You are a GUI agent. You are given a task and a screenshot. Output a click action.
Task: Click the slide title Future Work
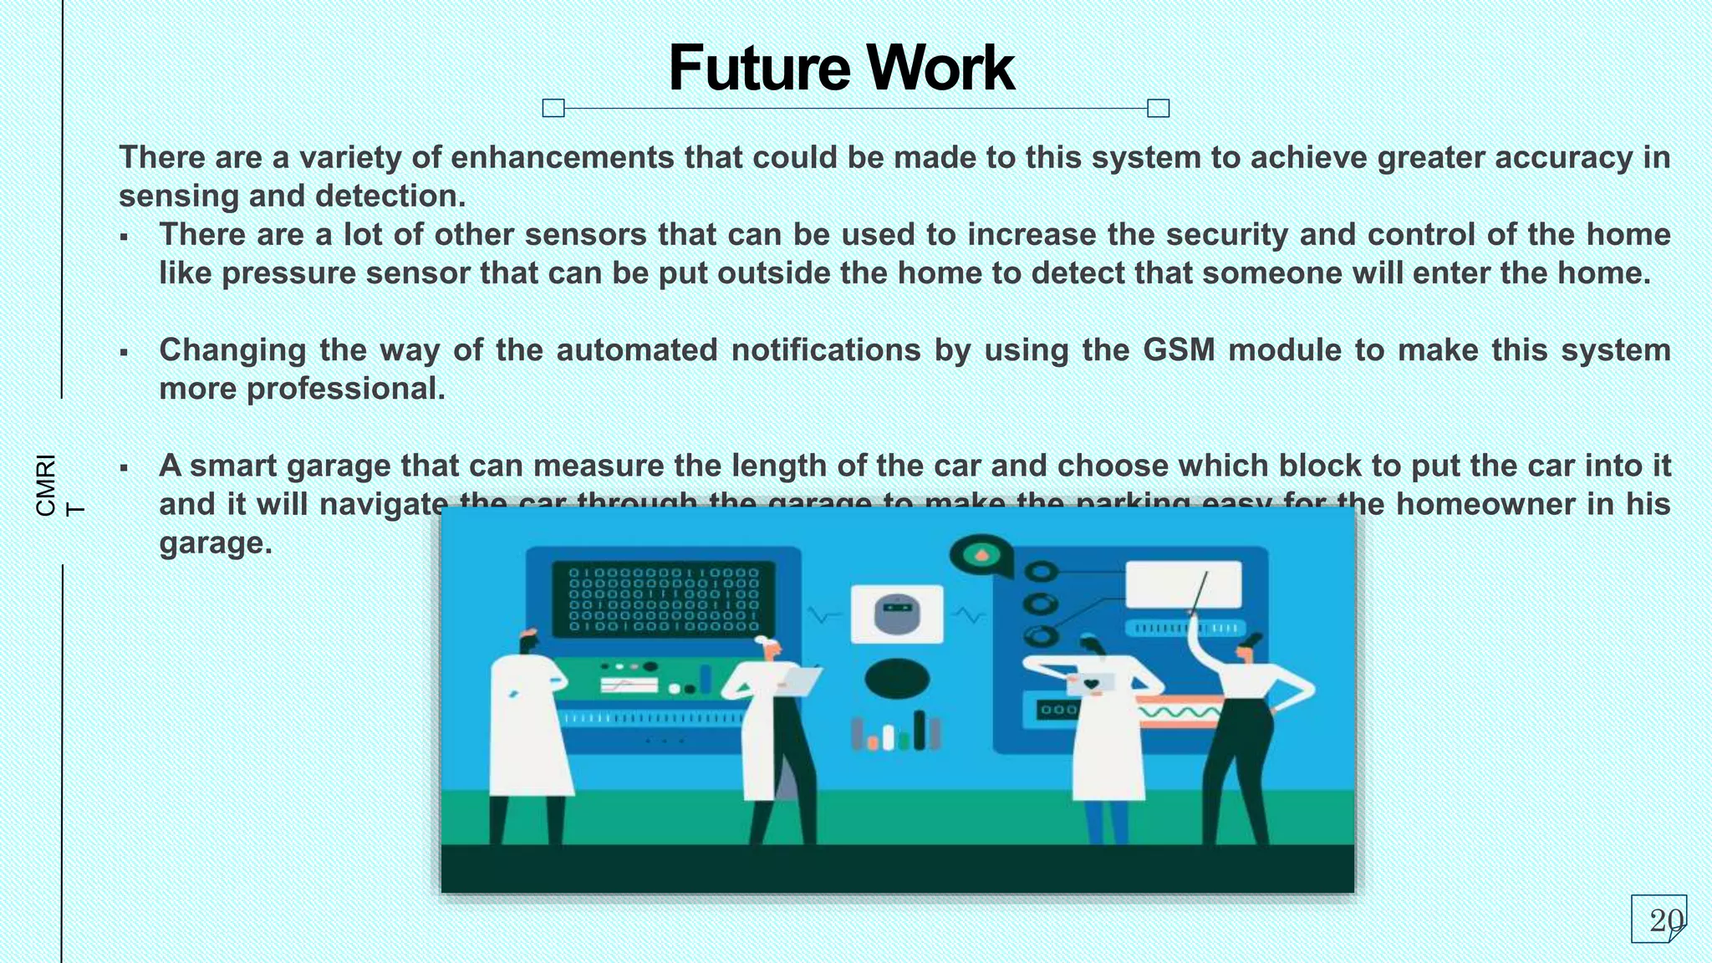point(841,68)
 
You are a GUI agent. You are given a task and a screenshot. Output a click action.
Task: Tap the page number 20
point(1665,920)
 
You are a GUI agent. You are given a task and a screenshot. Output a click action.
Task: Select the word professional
point(345,389)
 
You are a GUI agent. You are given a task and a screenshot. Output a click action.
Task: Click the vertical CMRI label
point(47,485)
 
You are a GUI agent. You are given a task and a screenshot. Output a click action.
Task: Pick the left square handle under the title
point(553,108)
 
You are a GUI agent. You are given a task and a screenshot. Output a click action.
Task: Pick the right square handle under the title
point(1158,108)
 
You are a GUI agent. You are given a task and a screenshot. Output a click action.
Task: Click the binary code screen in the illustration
point(664,599)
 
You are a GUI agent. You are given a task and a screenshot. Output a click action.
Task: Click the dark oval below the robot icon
point(897,679)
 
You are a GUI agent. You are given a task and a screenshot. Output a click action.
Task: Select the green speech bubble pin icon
point(981,555)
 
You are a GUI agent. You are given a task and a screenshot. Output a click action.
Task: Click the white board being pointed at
point(1183,584)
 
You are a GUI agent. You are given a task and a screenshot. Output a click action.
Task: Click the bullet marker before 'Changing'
point(124,352)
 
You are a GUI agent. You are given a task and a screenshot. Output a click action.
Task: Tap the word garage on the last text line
point(216,543)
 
